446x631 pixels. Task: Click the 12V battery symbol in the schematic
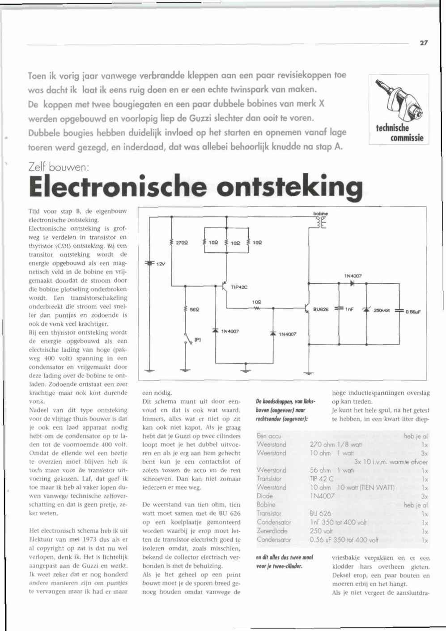point(149,263)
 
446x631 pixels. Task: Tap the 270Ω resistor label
point(181,243)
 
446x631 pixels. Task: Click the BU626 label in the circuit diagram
point(321,309)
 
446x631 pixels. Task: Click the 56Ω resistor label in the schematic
point(194,309)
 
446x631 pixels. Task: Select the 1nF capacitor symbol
point(339,308)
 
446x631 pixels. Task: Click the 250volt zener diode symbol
point(366,309)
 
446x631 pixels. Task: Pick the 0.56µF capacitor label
point(414,312)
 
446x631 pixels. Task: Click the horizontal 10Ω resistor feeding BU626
point(257,308)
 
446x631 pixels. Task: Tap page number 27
point(424,43)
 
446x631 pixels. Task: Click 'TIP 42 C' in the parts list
point(321,479)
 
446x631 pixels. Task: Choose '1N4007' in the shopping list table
point(322,496)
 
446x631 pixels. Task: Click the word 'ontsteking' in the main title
point(292,187)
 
